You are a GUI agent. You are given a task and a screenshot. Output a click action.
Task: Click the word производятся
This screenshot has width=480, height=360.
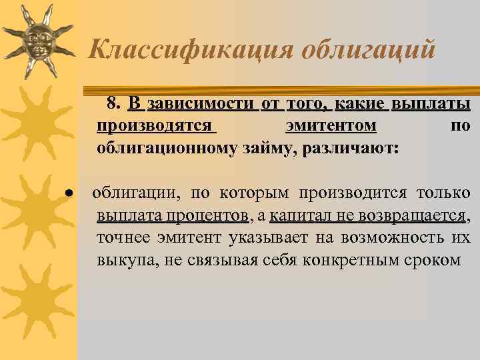155,125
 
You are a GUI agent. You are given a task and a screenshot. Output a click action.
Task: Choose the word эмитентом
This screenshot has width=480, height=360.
331,125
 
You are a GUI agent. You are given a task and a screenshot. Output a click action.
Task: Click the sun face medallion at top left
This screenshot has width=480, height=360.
38,38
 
